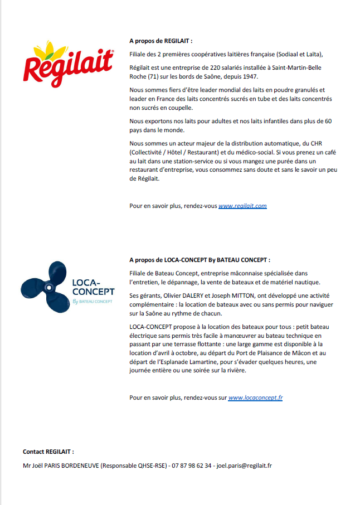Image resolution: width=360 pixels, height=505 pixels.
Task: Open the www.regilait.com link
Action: click(x=242, y=206)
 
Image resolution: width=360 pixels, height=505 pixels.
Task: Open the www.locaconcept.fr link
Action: click(x=255, y=397)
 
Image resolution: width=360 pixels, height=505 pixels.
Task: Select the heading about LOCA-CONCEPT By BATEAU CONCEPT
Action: click(x=200, y=260)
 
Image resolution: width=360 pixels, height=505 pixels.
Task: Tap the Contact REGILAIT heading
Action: click(x=48, y=451)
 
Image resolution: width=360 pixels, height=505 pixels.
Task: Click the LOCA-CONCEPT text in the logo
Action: click(x=93, y=287)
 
